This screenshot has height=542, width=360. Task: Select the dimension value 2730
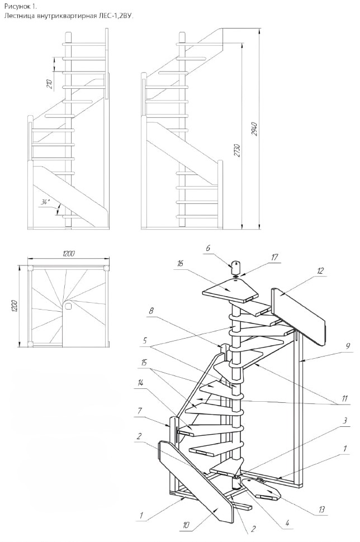[x=237, y=151]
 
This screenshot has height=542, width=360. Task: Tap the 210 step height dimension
[x=49, y=84]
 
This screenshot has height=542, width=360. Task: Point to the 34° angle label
[x=46, y=202]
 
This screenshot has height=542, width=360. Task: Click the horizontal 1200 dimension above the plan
[x=68, y=254]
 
